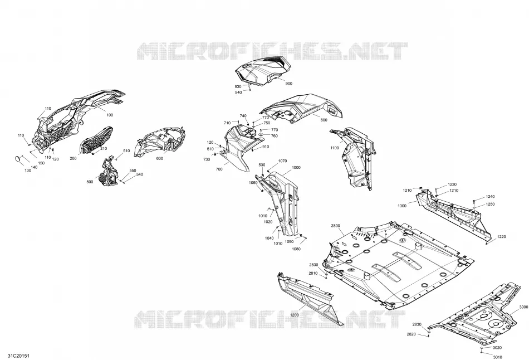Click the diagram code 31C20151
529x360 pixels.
pos(12,356)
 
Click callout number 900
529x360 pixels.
pos(289,84)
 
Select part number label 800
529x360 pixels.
pos(324,120)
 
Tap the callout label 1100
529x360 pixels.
pos(334,148)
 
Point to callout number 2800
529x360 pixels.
pos(335,226)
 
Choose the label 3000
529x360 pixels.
pos(523,307)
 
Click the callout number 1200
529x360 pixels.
pos(295,315)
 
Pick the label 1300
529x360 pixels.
pos(402,206)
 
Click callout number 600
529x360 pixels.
pos(160,158)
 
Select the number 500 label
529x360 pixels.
pos(90,182)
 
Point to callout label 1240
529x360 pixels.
pos(490,197)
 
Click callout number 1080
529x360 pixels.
pos(296,249)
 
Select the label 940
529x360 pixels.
pos(238,93)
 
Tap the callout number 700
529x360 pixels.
pos(219,169)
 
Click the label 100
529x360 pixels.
pos(110,115)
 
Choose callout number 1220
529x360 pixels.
pos(501,237)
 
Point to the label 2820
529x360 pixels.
pos(411,334)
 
